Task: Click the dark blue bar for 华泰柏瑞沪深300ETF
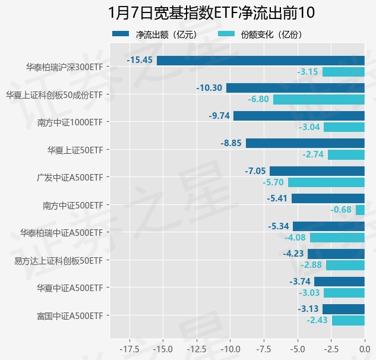point(260,61)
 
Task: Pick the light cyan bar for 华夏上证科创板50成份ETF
point(318,99)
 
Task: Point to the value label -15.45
point(140,61)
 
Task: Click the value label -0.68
point(341,210)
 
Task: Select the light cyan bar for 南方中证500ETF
point(360,210)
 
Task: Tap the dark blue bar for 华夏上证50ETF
point(305,143)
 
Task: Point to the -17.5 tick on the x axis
point(129,349)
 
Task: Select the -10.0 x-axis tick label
point(229,349)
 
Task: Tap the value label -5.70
point(273,182)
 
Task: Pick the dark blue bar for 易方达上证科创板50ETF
point(336,254)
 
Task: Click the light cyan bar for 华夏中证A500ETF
point(344,293)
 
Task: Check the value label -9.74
point(219,116)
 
